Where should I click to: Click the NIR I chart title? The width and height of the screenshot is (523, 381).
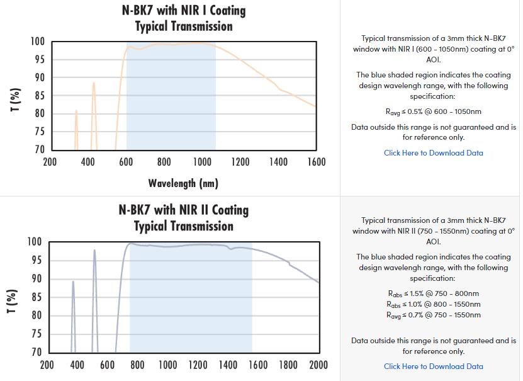coord(183,18)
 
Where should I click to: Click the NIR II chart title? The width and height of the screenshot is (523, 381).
coord(183,218)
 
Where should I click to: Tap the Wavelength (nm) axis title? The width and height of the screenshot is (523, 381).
coord(183,183)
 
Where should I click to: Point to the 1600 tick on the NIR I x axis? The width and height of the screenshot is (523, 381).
coord(317,162)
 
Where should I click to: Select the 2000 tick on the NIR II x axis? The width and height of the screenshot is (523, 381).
coord(318,364)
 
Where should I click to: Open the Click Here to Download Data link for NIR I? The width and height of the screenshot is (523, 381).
coord(434,152)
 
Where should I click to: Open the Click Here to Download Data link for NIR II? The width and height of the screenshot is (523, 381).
coord(434,366)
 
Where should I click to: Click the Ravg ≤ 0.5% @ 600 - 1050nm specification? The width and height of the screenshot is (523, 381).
coord(434,111)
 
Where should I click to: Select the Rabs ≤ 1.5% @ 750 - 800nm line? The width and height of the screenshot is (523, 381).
coord(434,293)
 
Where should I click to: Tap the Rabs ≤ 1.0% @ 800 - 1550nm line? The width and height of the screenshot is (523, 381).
coord(434,304)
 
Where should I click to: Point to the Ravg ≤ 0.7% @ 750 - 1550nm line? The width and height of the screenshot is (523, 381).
coord(434,315)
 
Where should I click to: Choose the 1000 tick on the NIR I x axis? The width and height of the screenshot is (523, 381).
coord(202,162)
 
